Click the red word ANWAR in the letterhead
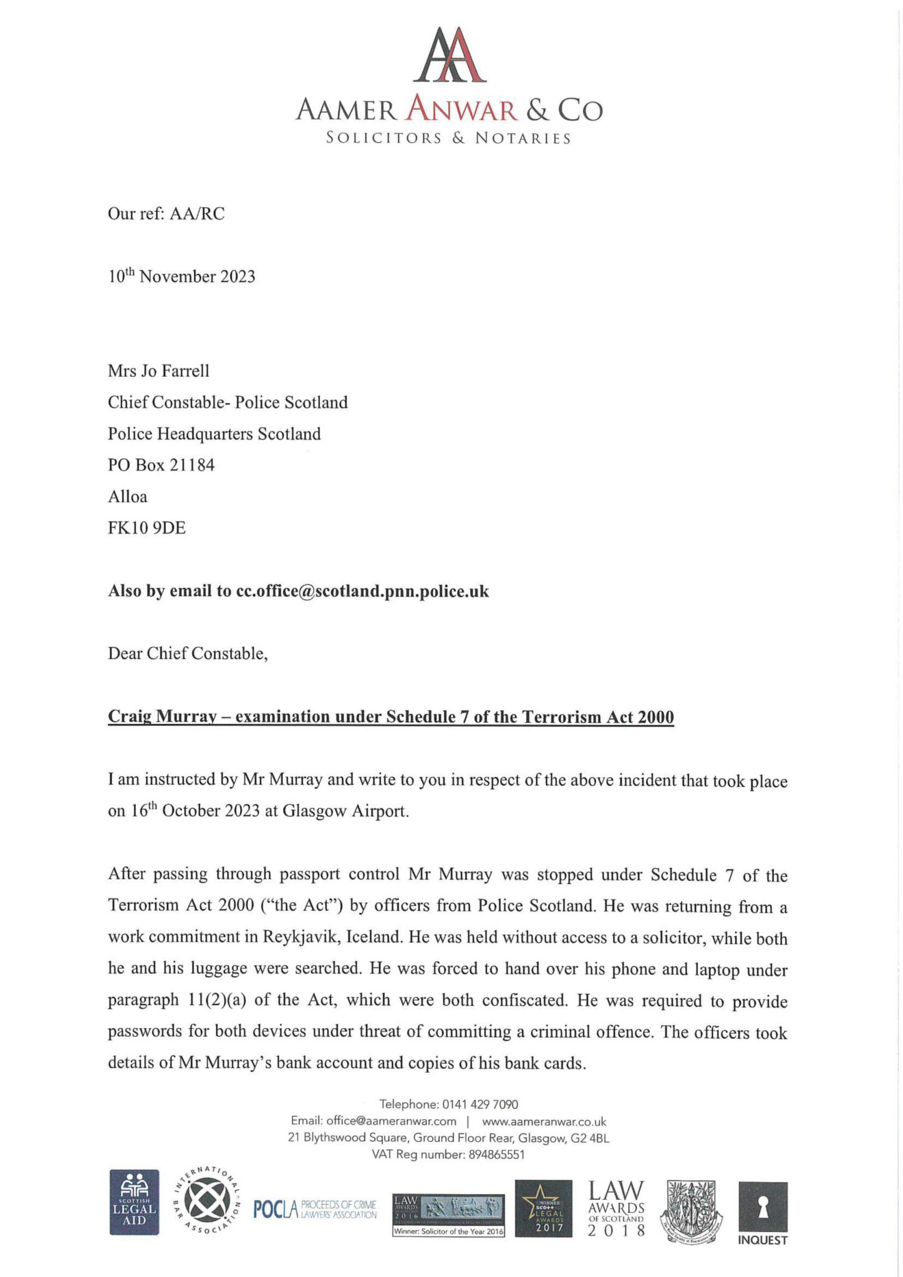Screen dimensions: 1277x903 461,111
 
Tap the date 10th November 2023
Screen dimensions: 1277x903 181,276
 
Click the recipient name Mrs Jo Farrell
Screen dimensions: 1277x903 158,371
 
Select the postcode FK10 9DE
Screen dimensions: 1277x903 147,528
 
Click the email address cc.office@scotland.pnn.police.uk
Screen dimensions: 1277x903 362,591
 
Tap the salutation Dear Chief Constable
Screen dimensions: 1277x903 188,653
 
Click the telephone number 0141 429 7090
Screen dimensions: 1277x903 480,1104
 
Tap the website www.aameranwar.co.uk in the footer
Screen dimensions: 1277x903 544,1121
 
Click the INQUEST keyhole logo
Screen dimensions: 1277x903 762,1213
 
